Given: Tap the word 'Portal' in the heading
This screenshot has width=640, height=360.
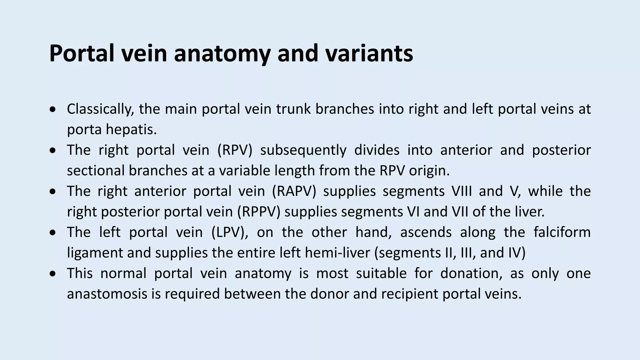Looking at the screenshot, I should pos(82,53).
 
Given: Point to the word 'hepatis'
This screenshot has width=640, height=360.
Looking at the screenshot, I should pos(131,130).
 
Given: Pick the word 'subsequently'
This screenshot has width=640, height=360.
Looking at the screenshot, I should pos(303,150).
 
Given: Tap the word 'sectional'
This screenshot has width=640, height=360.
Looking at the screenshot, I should pos(95,171).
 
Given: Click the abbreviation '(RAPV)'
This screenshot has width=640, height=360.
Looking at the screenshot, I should pos(294,191).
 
